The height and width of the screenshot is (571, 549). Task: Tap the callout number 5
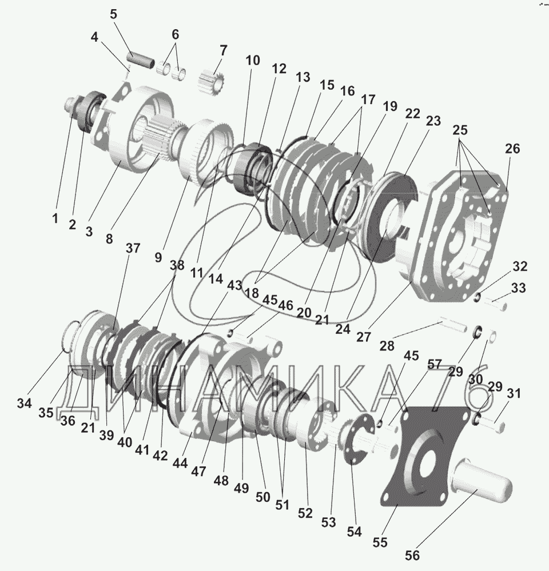(x=113, y=13)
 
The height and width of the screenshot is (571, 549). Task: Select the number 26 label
(x=512, y=149)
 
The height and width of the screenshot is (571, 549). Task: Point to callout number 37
(x=133, y=249)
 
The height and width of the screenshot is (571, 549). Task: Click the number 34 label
(x=24, y=404)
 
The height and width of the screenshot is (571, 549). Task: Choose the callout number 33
(x=518, y=289)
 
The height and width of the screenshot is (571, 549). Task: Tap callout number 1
(x=55, y=218)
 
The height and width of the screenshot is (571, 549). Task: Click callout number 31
(x=515, y=393)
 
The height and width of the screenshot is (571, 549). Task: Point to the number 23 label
(x=433, y=121)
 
